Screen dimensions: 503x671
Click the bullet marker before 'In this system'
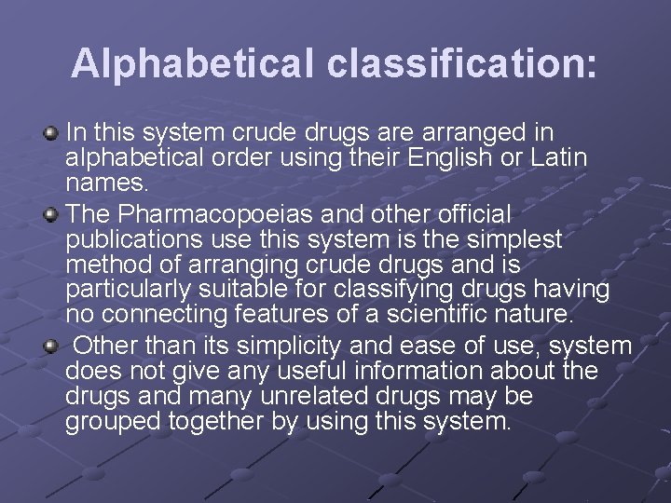click(52, 136)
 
